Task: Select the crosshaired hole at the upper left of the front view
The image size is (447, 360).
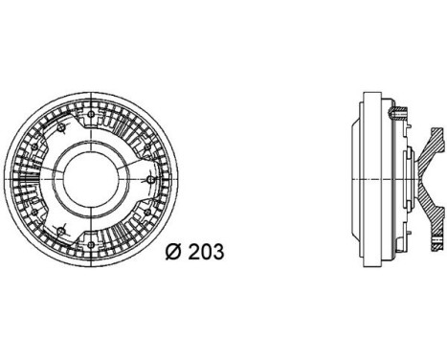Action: click(61, 126)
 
